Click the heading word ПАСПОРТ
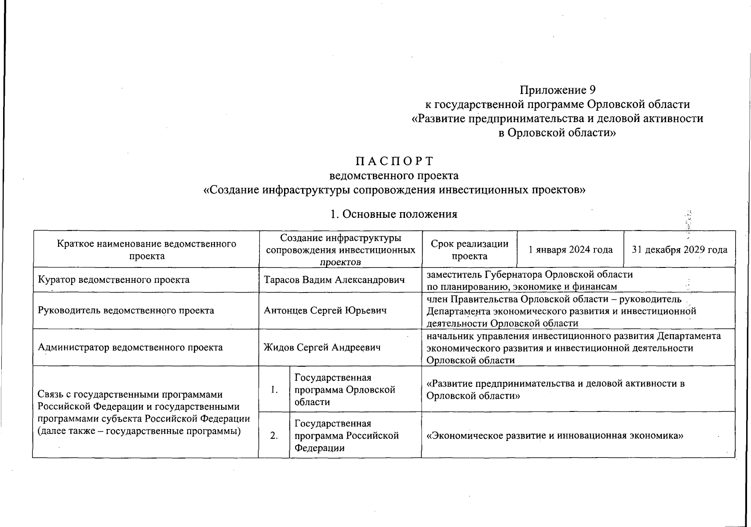[x=394, y=161]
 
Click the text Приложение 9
[x=557, y=90]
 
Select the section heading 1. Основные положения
[x=394, y=214]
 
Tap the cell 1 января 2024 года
[x=570, y=250]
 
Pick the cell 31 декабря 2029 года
[x=679, y=250]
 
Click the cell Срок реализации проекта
[x=469, y=250]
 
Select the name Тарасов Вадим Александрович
[x=334, y=280]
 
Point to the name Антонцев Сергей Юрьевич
[x=325, y=310]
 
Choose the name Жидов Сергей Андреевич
[x=321, y=347]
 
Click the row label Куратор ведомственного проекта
[x=114, y=280]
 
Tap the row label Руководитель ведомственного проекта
[x=126, y=310]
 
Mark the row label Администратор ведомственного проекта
[x=130, y=347]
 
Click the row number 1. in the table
[x=274, y=390]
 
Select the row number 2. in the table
[x=274, y=436]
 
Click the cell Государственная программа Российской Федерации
[x=346, y=436]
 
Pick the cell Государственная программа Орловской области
[x=345, y=390]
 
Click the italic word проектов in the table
[x=340, y=262]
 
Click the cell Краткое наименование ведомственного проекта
[x=147, y=250]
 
